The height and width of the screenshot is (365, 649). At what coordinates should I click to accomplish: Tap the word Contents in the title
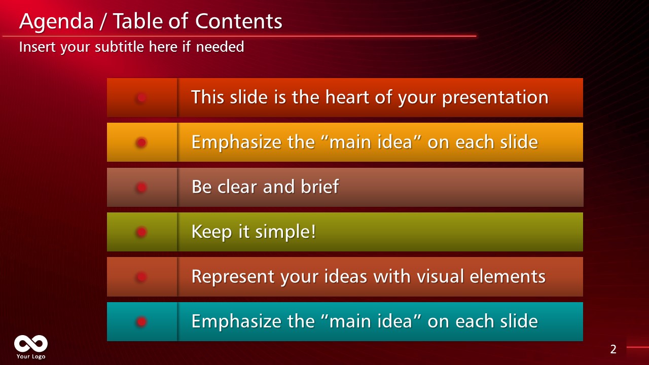coord(238,22)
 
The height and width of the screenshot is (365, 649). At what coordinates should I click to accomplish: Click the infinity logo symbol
coord(31,344)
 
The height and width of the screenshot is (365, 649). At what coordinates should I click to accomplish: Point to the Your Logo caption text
coord(31,356)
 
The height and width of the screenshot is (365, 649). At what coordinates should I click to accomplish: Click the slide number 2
coord(613,349)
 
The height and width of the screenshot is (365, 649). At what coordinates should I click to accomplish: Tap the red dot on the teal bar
coord(141,321)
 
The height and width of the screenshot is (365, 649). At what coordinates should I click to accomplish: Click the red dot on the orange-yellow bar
coord(141,142)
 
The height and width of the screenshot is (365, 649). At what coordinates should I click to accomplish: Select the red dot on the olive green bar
coord(141,232)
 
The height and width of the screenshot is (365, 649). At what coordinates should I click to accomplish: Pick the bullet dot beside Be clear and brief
coord(141,188)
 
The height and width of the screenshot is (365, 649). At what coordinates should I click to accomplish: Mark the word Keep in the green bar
coord(206,232)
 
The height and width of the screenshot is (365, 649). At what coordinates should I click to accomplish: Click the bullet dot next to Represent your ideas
coord(141,277)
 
